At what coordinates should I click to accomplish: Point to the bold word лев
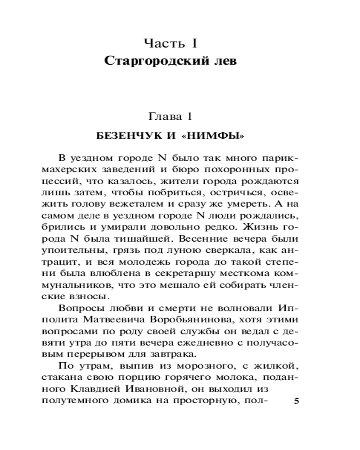[x=224, y=61]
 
